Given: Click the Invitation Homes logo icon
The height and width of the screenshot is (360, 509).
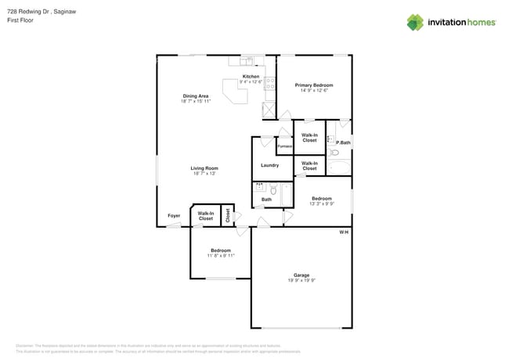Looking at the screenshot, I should (x=415, y=22).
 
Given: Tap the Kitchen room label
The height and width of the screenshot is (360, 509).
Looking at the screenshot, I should (x=251, y=77).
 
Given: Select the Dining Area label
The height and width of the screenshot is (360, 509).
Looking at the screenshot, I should (x=195, y=96).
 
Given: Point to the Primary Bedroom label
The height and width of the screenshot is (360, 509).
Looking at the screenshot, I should (x=313, y=85).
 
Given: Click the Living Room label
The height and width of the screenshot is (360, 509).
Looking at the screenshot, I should (x=204, y=168).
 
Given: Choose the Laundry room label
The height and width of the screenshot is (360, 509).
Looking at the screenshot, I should (x=269, y=165).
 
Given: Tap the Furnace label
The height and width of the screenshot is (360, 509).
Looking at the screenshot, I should (x=284, y=146).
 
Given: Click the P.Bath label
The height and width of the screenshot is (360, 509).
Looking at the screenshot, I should (x=343, y=142).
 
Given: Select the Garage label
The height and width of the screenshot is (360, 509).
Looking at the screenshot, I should (x=301, y=275).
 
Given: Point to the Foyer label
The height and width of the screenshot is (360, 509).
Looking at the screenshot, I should (x=174, y=215).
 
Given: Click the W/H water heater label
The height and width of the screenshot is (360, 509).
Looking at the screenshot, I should (x=343, y=232).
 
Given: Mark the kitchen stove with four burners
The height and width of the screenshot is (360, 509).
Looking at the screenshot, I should (x=269, y=84).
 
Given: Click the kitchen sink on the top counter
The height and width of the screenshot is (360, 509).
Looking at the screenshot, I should (x=247, y=59).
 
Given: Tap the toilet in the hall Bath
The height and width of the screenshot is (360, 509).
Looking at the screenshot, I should (x=273, y=189).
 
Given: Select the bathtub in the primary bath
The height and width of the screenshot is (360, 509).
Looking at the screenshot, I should (x=340, y=167).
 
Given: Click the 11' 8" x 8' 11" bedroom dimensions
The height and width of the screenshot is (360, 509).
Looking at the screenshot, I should (x=220, y=256).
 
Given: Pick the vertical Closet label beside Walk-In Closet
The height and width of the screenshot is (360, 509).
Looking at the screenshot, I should (x=228, y=215).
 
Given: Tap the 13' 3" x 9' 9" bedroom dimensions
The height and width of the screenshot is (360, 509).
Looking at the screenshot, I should (x=321, y=203).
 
